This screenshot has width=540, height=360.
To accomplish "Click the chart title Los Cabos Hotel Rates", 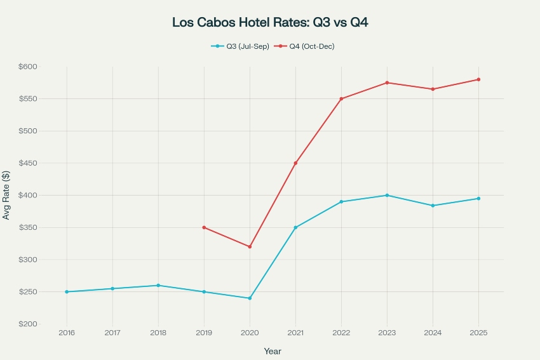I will click(270, 22).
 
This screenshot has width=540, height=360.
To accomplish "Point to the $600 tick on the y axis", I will click(29, 67).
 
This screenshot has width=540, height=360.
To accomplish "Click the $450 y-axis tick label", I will click(29, 163).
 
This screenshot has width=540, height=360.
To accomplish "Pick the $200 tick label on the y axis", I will click(29, 324).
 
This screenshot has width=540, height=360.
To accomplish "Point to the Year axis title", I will click(273, 351).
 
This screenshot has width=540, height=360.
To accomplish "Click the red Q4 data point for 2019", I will click(204, 227).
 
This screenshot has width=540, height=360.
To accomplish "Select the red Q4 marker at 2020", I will click(250, 246).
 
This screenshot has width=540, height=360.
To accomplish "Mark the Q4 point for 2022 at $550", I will click(341, 99).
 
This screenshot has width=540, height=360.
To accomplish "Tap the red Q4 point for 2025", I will click(478, 79).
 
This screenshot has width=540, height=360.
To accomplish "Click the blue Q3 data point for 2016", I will click(67, 292).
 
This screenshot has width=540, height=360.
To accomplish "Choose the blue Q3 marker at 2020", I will click(250, 298).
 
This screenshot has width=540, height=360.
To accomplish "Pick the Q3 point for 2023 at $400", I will click(387, 196).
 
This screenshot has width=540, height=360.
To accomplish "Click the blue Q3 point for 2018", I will click(158, 285).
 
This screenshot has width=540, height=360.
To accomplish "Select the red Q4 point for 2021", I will click(295, 163).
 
